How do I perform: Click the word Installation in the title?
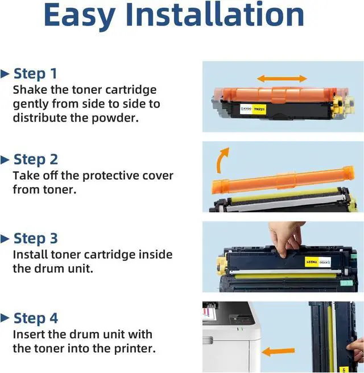click(214, 14)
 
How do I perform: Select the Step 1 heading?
click(35, 73)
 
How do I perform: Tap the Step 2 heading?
click(36, 159)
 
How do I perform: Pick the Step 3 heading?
click(36, 238)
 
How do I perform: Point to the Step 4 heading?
click(36, 318)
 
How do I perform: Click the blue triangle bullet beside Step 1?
click(5, 74)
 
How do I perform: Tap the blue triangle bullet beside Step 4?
click(5, 318)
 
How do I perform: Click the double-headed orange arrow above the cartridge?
click(282, 78)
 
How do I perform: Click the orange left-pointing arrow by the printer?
click(278, 351)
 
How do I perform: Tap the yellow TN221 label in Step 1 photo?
click(259, 109)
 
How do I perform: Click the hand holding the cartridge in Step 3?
click(286, 238)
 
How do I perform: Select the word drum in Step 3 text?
click(49, 269)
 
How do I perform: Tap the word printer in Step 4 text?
click(135, 349)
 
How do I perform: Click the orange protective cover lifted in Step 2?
click(283, 180)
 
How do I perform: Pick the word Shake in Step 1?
click(30, 90)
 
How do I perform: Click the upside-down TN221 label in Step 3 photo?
click(312, 262)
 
